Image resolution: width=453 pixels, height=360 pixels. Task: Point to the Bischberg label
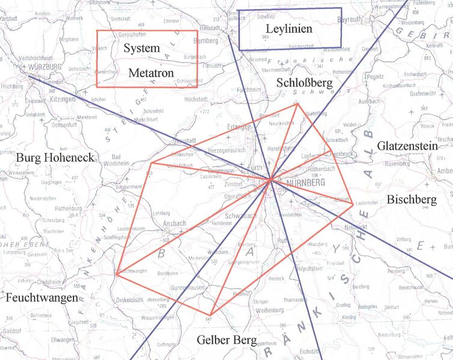coord(412,199)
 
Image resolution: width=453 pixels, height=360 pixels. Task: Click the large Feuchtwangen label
coord(41,297)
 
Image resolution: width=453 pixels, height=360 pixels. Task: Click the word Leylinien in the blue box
coord(289,29)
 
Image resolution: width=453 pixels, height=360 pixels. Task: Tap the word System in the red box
coord(142,49)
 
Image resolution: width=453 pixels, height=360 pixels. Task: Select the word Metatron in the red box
coord(151,73)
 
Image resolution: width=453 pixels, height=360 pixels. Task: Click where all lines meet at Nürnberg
coord(271,178)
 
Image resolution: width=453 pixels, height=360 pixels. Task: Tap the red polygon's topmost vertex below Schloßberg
coord(296,105)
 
